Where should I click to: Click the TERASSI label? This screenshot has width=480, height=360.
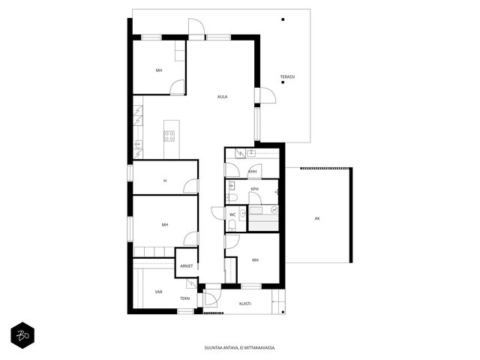click(287, 76)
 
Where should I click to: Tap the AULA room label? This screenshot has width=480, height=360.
click(223, 97)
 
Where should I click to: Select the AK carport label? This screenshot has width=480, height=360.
click(317, 218)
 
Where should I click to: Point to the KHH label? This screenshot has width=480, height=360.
click(253, 172)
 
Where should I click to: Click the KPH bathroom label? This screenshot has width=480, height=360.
click(255, 189)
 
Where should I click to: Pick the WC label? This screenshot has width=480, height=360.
click(232, 215)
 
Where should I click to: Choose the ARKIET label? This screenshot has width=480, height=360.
click(187, 266)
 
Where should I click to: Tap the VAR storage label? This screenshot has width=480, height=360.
click(158, 292)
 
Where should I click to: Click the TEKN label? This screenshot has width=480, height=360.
click(184, 298)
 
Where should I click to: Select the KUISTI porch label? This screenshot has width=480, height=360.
click(245, 304)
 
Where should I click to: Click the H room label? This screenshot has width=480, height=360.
click(165, 181)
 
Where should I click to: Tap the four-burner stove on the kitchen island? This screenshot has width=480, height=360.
click(169, 136)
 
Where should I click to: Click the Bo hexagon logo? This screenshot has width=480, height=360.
click(22, 335)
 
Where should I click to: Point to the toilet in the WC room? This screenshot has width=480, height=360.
click(232, 226)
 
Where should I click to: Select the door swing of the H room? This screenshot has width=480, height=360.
click(190, 186)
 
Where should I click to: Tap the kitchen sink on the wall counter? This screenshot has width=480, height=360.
click(139, 143)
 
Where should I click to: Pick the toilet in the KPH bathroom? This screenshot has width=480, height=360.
click(232, 197)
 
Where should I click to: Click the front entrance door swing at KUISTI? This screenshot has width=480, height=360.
click(211, 298)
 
